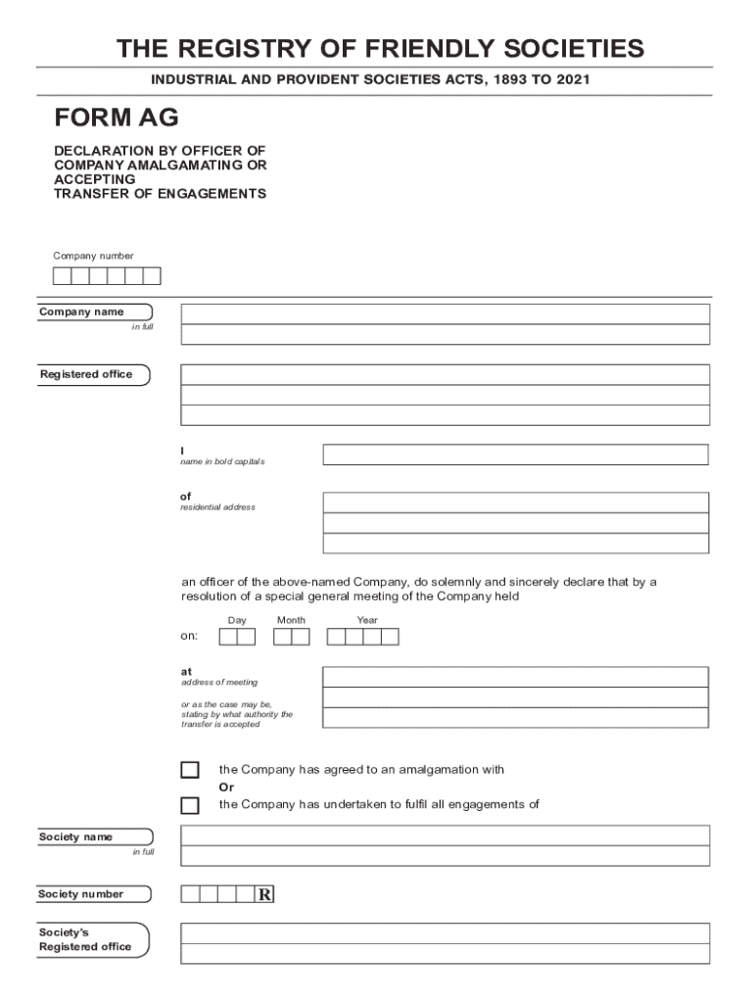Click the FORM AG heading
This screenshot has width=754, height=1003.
pyautogui.click(x=116, y=119)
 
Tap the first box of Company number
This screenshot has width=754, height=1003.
pyautogui.click(x=62, y=276)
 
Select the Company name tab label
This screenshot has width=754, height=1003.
pyautogui.click(x=82, y=311)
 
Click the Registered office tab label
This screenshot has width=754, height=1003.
pyautogui.click(x=86, y=374)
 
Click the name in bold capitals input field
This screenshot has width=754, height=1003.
pyautogui.click(x=515, y=454)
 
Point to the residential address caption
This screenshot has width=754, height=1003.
pyautogui.click(x=217, y=507)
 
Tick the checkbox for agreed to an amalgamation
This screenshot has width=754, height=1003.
pyautogui.click(x=190, y=770)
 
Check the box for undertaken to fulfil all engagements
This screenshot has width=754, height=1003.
pyautogui.click(x=190, y=806)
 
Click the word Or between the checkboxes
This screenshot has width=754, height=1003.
pyautogui.click(x=226, y=788)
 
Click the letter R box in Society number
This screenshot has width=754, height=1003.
pyautogui.click(x=264, y=894)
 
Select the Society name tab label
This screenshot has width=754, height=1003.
pyautogui.click(x=76, y=836)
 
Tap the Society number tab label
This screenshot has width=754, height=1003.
pyautogui.click(x=81, y=894)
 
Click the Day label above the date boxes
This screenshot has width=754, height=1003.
pyautogui.click(x=237, y=620)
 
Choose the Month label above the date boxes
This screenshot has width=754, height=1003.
pyautogui.click(x=291, y=620)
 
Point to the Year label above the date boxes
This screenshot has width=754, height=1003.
pyautogui.click(x=367, y=620)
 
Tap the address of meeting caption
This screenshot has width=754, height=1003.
pyautogui.click(x=219, y=682)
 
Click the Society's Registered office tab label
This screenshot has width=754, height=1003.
pyautogui.click(x=85, y=940)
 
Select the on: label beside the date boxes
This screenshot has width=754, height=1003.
pyautogui.click(x=189, y=637)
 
